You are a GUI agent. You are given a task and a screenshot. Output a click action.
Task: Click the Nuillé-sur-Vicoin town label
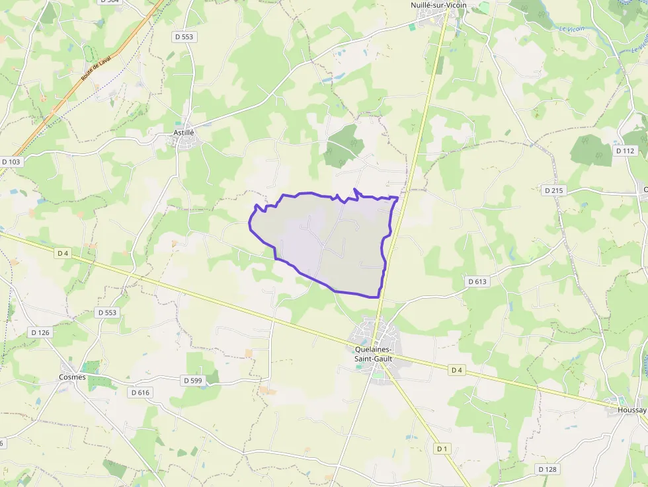pos(438,5)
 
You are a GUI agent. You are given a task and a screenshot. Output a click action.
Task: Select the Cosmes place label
pos(72,377)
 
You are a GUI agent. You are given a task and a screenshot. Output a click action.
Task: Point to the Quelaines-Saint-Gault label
pos(374,354)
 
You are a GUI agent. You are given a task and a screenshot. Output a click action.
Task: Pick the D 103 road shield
pos(11,162)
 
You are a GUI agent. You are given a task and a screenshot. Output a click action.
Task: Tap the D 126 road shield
pos(40,332)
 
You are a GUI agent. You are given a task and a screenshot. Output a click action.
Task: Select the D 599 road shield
pos(192,380)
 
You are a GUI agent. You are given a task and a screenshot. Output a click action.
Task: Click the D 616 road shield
pos(140,393)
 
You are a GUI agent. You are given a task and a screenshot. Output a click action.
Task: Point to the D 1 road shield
pos(442,449)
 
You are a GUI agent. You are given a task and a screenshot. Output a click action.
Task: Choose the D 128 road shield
pos(546,469)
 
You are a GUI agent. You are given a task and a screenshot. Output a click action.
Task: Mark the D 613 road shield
pos(477,281)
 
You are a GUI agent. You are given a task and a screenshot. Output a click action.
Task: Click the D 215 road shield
pos(554,190)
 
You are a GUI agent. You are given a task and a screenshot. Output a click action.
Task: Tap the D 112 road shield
pos(625,151)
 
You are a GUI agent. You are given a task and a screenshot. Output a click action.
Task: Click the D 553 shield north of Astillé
pos(183,37)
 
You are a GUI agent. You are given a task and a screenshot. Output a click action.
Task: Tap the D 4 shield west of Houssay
pos(457,370)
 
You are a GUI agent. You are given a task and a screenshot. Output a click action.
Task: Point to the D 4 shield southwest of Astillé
pos(63,253)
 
